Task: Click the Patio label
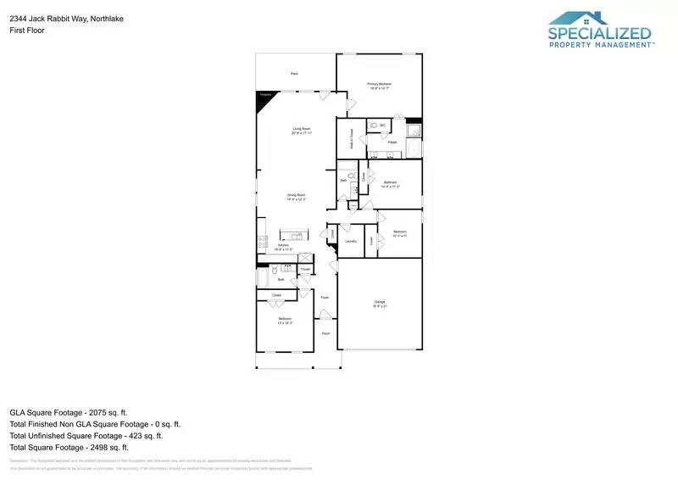(x=294, y=74)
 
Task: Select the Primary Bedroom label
(x=379, y=86)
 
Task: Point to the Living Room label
(x=303, y=131)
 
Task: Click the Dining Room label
(x=296, y=197)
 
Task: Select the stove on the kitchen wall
(x=261, y=242)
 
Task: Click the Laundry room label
(x=350, y=241)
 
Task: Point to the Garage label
(x=380, y=304)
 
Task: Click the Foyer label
(x=325, y=298)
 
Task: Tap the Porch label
(x=325, y=333)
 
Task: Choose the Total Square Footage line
(x=69, y=447)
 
